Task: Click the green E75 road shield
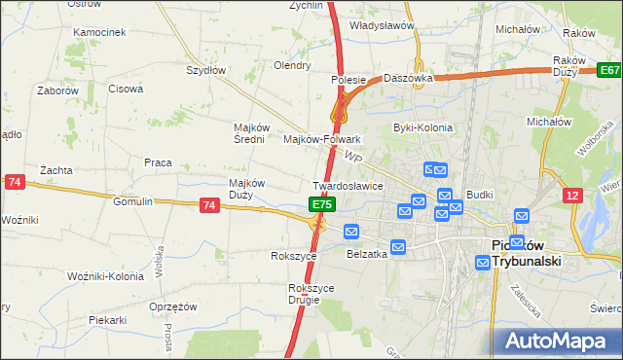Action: point(324,204)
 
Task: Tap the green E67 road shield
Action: point(609,71)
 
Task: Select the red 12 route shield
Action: point(573,196)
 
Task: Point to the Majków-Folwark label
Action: point(321,139)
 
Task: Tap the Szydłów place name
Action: point(206,70)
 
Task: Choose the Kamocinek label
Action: point(99,32)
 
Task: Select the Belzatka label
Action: point(367,254)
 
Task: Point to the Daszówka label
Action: point(407,77)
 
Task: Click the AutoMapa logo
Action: point(559,341)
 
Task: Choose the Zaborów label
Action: point(57,90)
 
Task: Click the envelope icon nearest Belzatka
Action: point(397,247)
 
